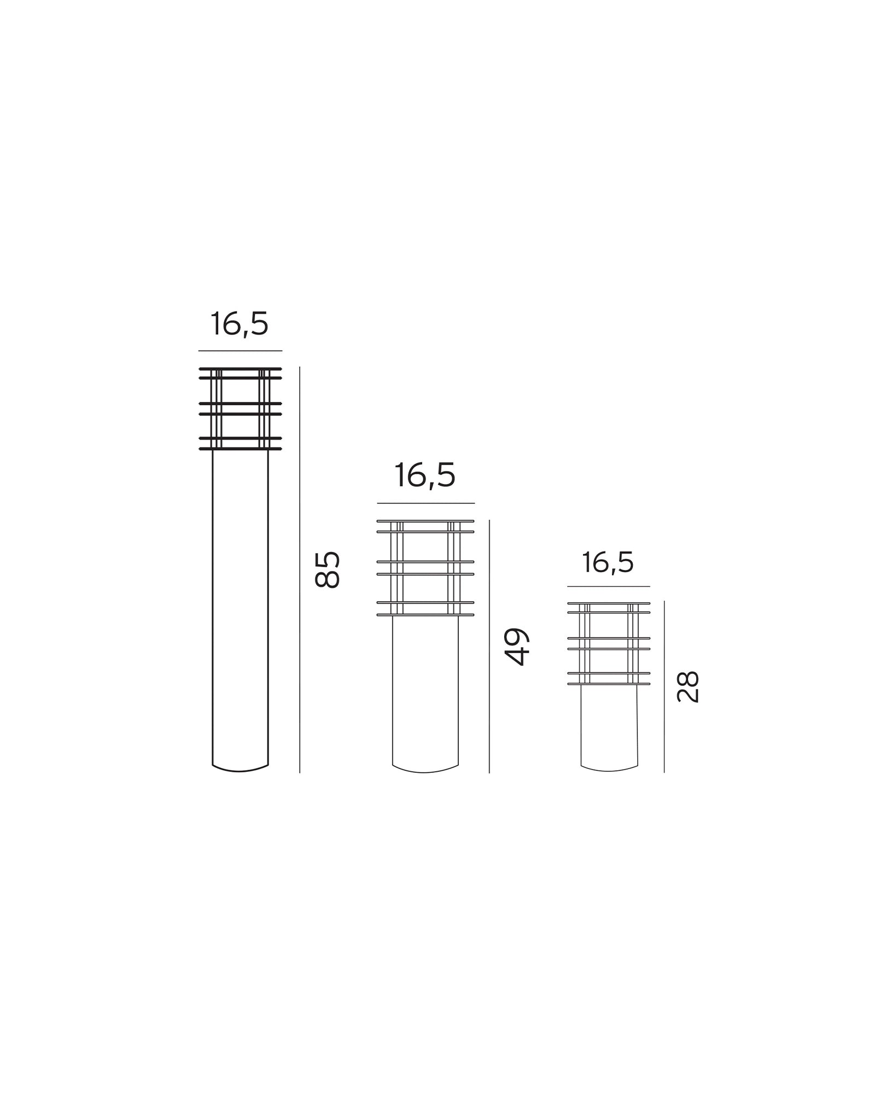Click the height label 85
(x=328, y=569)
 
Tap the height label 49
(x=516, y=647)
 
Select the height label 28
(x=688, y=686)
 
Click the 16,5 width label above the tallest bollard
(x=240, y=324)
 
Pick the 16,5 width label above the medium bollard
(x=425, y=475)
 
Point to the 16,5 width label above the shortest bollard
(x=608, y=562)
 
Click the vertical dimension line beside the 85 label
(x=300, y=569)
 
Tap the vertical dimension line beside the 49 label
(x=489, y=646)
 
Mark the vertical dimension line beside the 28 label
(x=664, y=686)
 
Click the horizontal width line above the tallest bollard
(x=240, y=351)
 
